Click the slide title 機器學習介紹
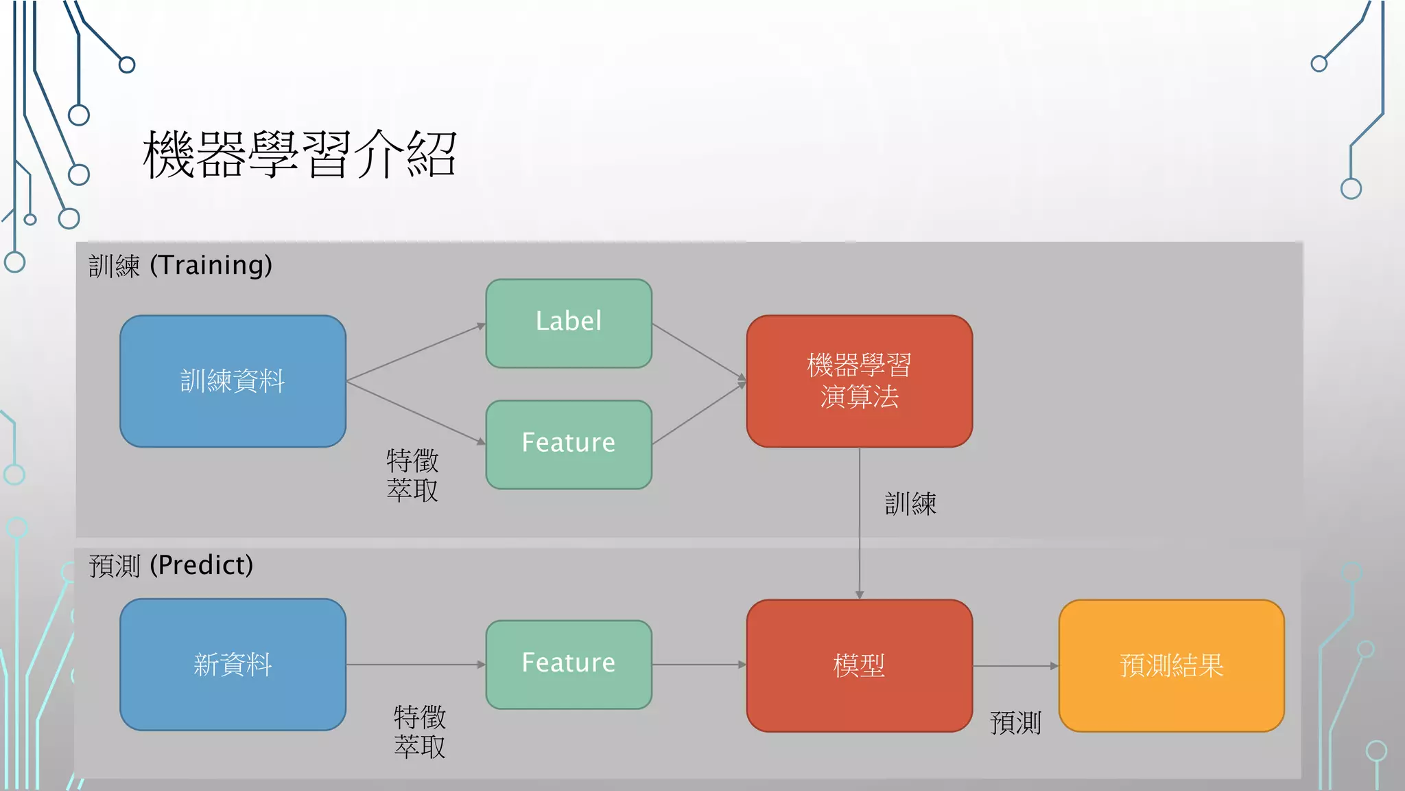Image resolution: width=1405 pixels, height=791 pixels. point(300,154)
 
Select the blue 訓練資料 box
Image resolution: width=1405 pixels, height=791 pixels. point(233,381)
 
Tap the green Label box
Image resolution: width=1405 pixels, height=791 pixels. point(569,323)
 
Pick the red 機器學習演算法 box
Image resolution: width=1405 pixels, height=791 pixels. point(859,381)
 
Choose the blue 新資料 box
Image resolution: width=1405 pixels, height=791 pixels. point(233,664)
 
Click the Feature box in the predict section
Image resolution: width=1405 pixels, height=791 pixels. point(569,664)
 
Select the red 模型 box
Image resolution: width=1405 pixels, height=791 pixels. point(859,665)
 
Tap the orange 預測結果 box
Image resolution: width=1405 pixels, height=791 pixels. point(1171,665)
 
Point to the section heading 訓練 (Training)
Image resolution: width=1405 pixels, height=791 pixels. point(180,265)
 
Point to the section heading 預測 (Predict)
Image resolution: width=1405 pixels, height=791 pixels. point(171,565)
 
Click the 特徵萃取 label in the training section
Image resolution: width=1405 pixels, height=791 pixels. point(412,475)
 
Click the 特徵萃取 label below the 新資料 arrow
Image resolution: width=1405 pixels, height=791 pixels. point(420,732)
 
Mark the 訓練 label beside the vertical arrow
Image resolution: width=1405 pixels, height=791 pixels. point(910,504)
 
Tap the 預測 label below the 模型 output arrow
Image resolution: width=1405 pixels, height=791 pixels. point(1015,723)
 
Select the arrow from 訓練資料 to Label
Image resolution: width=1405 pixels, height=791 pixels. point(416,352)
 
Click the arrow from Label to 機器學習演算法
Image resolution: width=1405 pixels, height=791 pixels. point(698,352)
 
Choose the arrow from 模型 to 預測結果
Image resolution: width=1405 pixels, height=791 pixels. point(1015,665)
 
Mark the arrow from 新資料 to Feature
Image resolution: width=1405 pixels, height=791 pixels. point(416,664)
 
